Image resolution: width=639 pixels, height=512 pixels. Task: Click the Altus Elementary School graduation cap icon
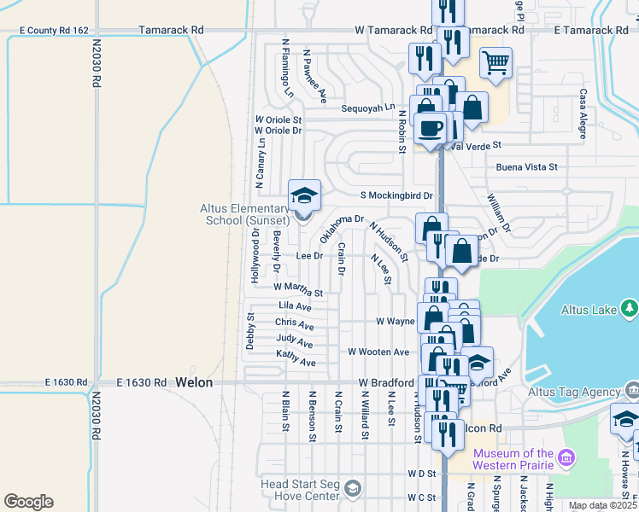click(304, 196)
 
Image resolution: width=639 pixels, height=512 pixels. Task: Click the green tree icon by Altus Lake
click(630, 307)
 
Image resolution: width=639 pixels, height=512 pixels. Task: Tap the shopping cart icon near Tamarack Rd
click(495, 61)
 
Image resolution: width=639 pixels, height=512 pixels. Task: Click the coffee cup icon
click(431, 128)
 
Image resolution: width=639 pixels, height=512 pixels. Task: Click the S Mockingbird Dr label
click(396, 195)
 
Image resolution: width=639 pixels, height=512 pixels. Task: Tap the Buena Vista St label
click(526, 167)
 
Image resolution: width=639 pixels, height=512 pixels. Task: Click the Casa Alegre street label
click(583, 109)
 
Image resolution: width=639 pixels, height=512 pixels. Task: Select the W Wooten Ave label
click(378, 352)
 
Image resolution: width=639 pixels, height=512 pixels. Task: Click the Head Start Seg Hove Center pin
click(352, 487)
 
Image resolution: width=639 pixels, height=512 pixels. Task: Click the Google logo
click(28, 502)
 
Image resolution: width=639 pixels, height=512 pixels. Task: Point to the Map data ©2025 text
click(601, 505)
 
